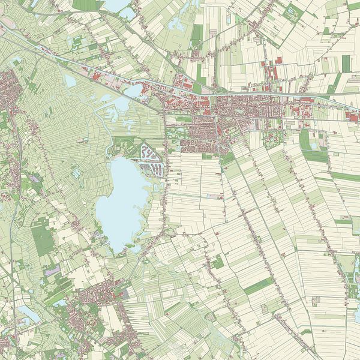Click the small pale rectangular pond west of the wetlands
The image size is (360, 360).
click(70, 80)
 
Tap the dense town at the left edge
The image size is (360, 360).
click(9, 90)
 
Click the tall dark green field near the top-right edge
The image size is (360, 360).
click(346, 62)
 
